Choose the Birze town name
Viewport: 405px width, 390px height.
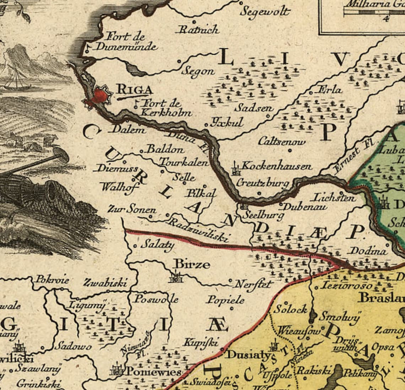[x=191, y=264]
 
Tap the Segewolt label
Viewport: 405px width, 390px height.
[x=265, y=11]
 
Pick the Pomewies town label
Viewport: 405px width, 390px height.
[x=154, y=372]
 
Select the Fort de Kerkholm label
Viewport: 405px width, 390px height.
[x=166, y=108]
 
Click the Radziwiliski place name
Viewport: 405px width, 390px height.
[x=199, y=230]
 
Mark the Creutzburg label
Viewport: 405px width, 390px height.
[x=262, y=183]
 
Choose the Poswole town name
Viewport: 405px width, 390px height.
[x=156, y=299]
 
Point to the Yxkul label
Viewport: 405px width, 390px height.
[x=227, y=123]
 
